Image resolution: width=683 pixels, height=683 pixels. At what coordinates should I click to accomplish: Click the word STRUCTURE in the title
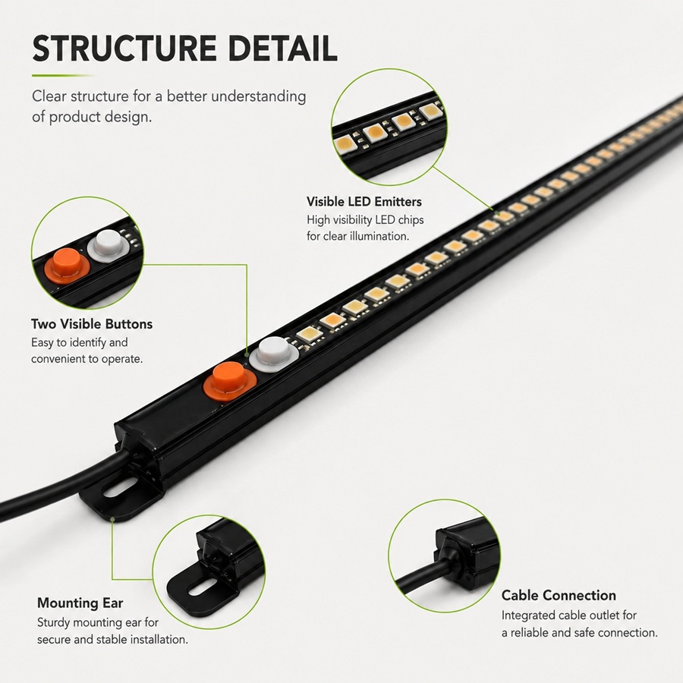pos(124,48)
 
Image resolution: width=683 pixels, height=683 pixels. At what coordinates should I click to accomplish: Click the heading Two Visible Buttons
pos(92,324)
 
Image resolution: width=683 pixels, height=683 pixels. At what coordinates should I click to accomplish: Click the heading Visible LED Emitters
pos(364,202)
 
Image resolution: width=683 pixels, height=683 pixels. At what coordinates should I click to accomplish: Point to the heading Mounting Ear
pos(80,603)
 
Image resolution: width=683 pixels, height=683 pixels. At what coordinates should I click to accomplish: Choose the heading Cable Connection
pos(559,596)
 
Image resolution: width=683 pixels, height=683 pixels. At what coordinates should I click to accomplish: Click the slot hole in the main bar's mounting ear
pos(120,489)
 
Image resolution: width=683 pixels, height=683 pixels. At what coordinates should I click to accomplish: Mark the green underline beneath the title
pos(63,76)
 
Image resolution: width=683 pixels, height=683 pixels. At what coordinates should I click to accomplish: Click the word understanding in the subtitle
pos(259,97)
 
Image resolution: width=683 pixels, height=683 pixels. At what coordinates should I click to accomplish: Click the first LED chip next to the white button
pos(310,335)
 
